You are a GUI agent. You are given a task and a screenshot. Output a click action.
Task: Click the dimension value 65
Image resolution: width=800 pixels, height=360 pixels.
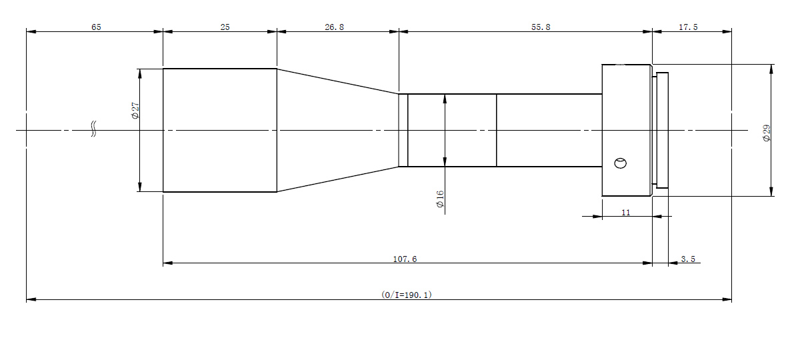(96, 27)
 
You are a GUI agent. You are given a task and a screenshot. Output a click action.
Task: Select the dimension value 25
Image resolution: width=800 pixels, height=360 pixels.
(225, 27)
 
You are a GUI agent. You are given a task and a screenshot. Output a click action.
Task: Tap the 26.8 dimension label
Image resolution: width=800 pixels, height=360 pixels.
(334, 27)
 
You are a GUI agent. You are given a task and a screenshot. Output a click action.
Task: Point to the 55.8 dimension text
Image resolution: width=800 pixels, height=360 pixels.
(541, 27)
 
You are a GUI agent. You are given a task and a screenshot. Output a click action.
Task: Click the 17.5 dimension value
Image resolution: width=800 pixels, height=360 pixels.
(688, 27)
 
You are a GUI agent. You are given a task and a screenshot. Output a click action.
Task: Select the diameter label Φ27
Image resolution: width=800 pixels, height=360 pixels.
(135, 111)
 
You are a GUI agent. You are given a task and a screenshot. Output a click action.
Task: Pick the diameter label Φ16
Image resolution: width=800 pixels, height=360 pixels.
(440, 199)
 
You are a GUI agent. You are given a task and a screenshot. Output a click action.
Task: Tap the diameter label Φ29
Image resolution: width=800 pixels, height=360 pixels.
(767, 133)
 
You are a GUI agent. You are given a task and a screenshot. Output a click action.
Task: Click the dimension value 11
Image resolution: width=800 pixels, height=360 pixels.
(626, 213)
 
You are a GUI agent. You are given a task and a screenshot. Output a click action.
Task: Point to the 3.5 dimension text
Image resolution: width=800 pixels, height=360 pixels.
(688, 259)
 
